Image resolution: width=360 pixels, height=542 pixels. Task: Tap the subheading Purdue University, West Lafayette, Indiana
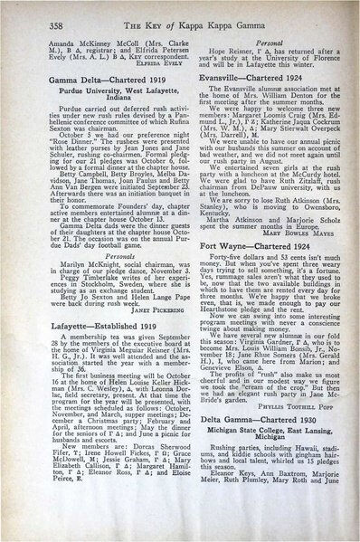pyautogui.click(x=99, y=94)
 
